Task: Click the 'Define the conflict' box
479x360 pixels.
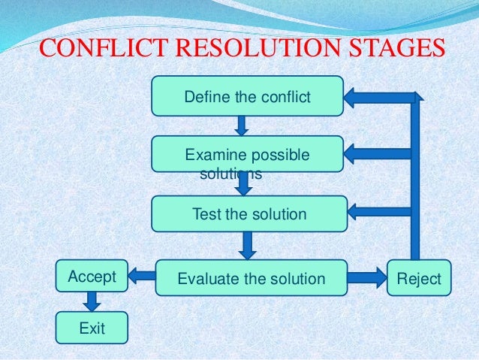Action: (248, 96)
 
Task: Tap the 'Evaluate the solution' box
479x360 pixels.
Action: (251, 279)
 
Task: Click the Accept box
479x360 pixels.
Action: (92, 277)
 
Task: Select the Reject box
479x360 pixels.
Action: (419, 278)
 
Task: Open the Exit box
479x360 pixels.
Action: (92, 328)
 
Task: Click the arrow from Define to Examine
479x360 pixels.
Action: (241, 125)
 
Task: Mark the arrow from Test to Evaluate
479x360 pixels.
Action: (248, 245)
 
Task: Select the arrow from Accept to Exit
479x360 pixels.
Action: (92, 301)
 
